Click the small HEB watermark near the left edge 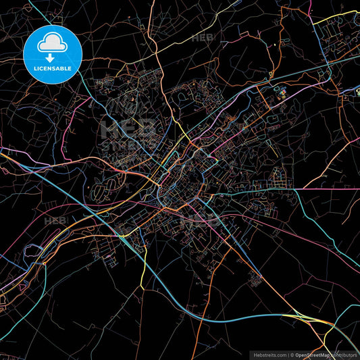tap(56, 221)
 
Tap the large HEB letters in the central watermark tap(128, 128)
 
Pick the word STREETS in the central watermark tap(128, 145)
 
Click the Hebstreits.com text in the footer tap(269, 355)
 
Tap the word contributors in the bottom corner tap(344, 355)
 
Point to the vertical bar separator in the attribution tap(288, 355)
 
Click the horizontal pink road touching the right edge tap(338, 189)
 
